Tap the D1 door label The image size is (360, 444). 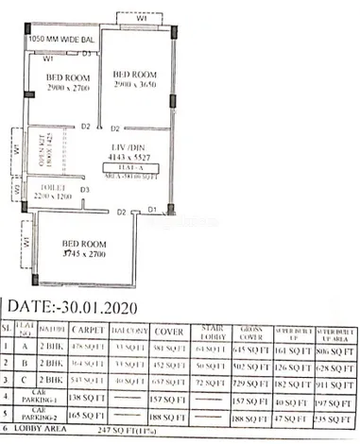(152, 209)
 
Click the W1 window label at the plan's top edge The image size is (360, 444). (141, 16)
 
